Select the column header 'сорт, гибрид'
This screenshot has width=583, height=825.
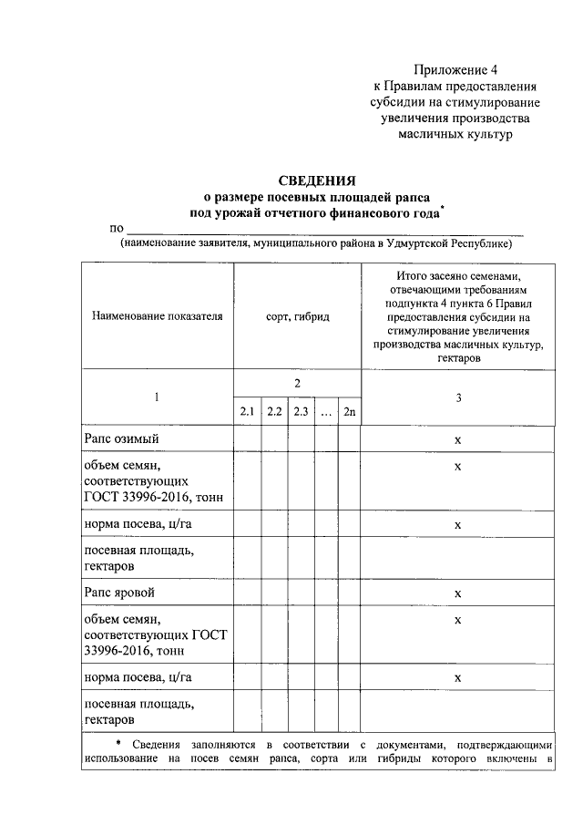(x=297, y=315)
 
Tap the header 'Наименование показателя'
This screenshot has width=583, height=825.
(x=157, y=315)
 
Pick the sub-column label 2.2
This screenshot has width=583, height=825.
(x=274, y=411)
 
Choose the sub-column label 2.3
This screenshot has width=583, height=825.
(x=301, y=411)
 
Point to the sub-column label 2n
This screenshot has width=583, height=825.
(x=349, y=411)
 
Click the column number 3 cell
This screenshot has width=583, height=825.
(x=458, y=397)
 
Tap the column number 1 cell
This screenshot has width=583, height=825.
(x=157, y=397)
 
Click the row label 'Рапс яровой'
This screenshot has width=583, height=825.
(x=119, y=593)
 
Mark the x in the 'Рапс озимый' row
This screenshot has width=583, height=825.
(x=458, y=440)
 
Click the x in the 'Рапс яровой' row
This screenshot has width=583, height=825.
(x=458, y=593)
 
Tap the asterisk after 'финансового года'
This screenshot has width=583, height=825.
(x=441, y=209)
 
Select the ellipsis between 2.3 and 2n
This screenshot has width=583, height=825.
(x=325, y=413)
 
